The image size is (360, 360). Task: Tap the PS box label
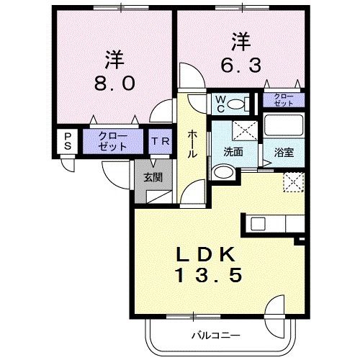click(68, 140)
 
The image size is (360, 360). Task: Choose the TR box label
click(159, 141)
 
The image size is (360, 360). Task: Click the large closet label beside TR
click(112, 140)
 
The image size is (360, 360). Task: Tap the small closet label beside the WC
click(283, 100)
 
